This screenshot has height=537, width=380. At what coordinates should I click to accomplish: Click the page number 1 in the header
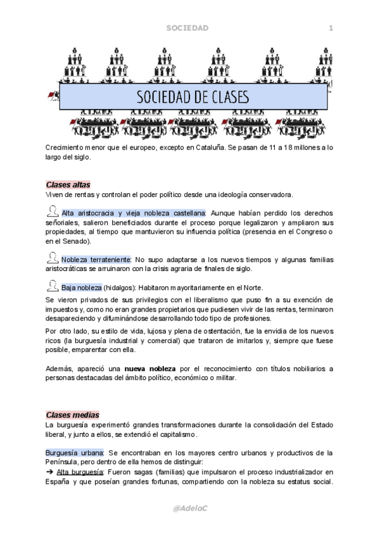tap(331, 28)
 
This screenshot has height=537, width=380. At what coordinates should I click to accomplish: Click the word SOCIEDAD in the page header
tap(187, 28)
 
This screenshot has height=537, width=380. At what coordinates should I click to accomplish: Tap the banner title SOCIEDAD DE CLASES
tap(193, 98)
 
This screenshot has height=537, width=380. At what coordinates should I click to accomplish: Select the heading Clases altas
tap(68, 184)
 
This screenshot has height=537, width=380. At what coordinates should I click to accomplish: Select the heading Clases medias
tap(72, 414)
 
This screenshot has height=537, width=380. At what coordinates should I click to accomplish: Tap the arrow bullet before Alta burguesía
tap(49, 472)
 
